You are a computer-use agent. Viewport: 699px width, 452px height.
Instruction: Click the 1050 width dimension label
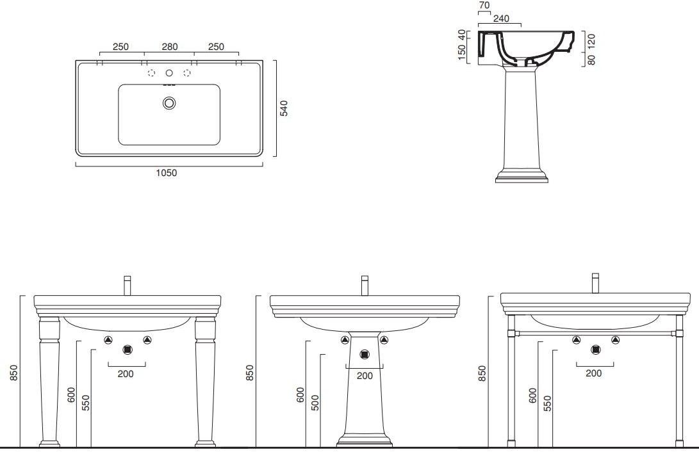[167, 173]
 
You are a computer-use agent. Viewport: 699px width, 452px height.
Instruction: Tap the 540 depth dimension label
[284, 108]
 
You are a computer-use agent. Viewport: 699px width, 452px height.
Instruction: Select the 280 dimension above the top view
[170, 47]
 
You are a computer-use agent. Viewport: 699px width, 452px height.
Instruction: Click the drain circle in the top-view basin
[169, 103]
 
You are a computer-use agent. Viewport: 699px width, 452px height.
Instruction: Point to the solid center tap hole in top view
[169, 72]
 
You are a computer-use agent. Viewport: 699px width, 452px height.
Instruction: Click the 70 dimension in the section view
[484, 5]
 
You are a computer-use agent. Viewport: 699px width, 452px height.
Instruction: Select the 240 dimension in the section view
[501, 19]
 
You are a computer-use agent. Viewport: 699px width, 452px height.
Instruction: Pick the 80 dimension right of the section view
[591, 60]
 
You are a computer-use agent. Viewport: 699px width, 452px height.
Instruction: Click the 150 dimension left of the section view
[462, 52]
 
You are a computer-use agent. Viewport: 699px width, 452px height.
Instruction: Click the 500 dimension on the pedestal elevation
[315, 403]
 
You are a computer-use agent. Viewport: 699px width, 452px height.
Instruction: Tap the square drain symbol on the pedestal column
[365, 355]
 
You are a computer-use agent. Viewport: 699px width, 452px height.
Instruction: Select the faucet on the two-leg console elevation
[127, 286]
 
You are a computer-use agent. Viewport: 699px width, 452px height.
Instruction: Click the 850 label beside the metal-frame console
[482, 373]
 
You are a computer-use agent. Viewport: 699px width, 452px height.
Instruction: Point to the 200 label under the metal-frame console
[593, 373]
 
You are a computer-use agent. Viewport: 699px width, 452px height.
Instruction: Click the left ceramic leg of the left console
[49, 382]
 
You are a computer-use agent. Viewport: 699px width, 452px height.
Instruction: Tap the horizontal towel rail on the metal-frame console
[595, 333]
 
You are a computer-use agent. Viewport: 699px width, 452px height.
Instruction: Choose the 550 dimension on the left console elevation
[86, 403]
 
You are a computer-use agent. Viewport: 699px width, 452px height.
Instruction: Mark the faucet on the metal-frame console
[595, 283]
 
